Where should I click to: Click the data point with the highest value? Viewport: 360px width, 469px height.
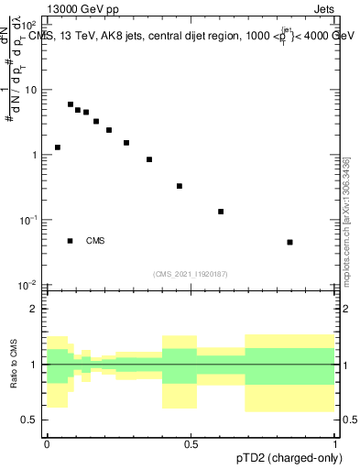pos(71,104)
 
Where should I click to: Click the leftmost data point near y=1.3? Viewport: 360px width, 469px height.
pos(58,147)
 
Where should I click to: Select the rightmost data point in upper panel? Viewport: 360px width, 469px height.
pos(290,242)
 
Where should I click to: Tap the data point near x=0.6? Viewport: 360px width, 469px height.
pos(221,212)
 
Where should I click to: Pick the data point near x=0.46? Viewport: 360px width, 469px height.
pos(180,186)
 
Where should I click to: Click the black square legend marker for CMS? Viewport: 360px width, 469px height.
pos(71,241)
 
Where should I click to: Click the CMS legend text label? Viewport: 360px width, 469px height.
pos(95,241)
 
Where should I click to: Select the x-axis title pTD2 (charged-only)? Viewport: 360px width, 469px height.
pos(290,457)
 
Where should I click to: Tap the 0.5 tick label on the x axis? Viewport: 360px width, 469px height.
pos(191,444)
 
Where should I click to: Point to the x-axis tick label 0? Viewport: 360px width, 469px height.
pos(47,444)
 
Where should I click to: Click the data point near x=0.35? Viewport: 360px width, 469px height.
pos(149,159)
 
